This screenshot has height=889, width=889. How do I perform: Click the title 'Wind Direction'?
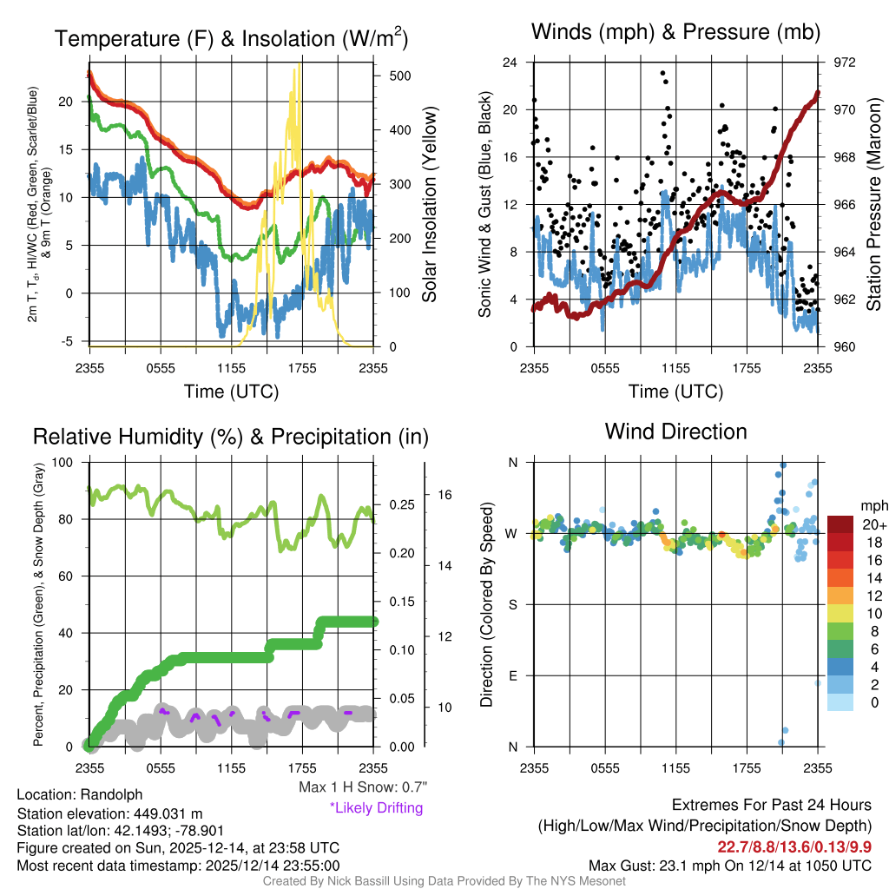(x=675, y=431)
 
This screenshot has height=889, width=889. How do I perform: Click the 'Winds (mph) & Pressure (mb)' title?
(x=675, y=33)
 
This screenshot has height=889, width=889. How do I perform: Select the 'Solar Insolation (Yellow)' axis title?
(x=430, y=205)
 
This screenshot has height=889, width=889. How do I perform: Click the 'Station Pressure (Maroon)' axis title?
(x=874, y=205)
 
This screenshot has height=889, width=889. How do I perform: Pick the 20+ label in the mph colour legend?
(x=873, y=524)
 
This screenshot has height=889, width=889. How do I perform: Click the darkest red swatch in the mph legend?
(x=841, y=524)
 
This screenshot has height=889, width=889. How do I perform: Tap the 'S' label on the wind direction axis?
(x=513, y=604)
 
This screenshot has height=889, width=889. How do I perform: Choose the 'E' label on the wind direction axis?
(x=513, y=675)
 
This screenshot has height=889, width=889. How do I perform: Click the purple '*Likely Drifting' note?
(x=376, y=807)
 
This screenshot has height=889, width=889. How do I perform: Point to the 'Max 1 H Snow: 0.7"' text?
(x=363, y=788)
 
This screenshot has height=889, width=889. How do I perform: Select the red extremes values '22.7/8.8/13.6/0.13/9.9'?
(x=794, y=846)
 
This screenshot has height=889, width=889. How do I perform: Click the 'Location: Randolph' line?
(x=79, y=794)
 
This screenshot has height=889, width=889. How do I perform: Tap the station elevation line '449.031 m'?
(x=109, y=813)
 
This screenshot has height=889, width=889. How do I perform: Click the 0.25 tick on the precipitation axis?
(x=400, y=504)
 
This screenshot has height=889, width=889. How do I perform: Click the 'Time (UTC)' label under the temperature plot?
(x=231, y=392)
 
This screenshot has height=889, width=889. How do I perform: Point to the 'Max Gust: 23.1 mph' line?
(x=729, y=866)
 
